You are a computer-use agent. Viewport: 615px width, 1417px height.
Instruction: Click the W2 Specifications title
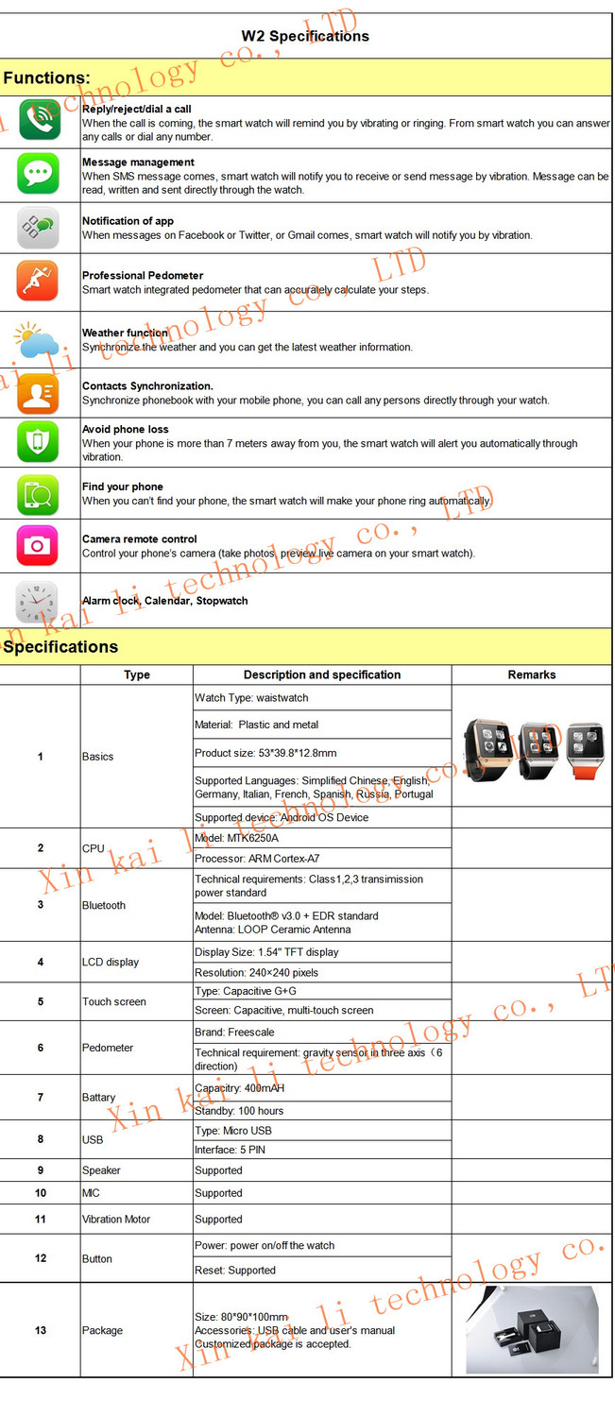click(x=305, y=37)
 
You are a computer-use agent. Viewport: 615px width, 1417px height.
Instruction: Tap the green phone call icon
click(x=39, y=120)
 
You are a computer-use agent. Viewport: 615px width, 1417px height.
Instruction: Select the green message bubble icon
click(x=39, y=174)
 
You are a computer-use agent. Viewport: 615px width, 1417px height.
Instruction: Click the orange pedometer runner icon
click(x=39, y=281)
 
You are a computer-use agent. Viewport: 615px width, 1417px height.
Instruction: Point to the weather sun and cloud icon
click(x=37, y=340)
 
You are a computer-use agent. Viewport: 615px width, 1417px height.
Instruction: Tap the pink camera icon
click(x=39, y=545)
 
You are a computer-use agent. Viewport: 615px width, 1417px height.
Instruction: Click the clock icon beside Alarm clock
click(x=37, y=601)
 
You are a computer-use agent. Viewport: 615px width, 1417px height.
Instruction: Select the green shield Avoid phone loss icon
click(x=39, y=441)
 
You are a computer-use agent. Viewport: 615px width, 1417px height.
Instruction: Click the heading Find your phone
click(x=123, y=487)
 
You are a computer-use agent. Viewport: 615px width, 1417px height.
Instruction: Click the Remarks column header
click(x=532, y=674)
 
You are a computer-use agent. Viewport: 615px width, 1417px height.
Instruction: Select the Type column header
click(x=137, y=674)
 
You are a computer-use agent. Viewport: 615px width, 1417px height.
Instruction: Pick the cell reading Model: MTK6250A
click(x=237, y=838)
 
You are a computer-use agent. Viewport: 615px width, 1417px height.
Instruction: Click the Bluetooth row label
click(x=104, y=905)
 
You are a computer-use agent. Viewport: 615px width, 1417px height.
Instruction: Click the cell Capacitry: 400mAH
click(x=240, y=1088)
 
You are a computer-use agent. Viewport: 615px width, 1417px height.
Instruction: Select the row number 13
click(x=41, y=1330)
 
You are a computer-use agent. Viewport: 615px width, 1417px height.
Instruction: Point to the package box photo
click(x=532, y=1330)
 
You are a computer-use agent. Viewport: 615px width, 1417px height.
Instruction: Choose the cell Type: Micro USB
click(x=233, y=1131)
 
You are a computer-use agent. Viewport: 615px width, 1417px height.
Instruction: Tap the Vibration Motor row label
click(x=116, y=1220)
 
